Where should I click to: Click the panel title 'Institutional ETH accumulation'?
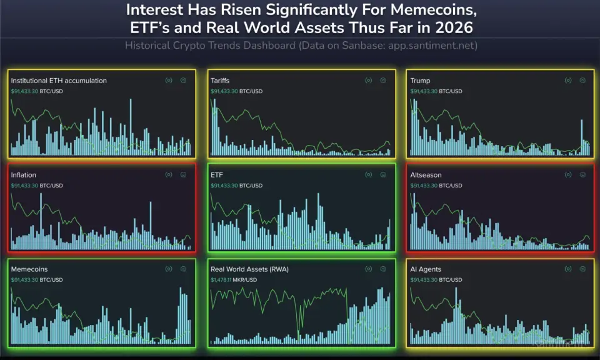(x=59, y=81)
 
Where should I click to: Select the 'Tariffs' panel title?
(x=220, y=81)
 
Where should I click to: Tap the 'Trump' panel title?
(x=420, y=81)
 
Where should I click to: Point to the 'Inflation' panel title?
(x=24, y=175)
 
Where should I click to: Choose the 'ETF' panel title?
(x=217, y=175)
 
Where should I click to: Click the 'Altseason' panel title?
(x=426, y=175)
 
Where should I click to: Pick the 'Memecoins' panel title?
(x=29, y=269)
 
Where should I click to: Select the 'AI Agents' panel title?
(x=426, y=269)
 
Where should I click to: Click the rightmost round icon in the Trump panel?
(x=582, y=81)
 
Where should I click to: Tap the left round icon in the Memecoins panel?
(x=168, y=269)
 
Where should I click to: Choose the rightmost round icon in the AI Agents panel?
(x=582, y=269)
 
